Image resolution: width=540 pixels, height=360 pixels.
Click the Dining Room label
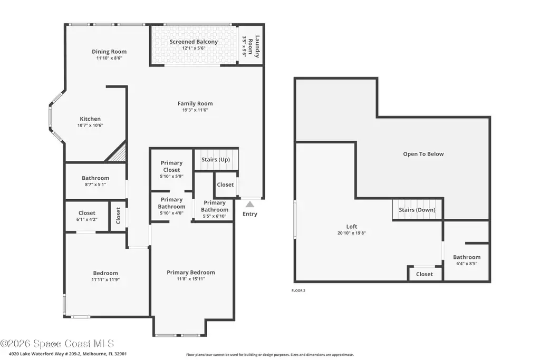coord(109,52)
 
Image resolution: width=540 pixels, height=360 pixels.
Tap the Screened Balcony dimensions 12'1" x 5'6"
coord(194,48)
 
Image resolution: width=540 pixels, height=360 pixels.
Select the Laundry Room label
coord(254,46)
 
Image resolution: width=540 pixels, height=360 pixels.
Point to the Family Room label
coord(195,103)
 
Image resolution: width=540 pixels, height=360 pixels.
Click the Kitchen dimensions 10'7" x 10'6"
coord(90,125)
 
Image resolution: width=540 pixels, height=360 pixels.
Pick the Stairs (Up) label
coord(216,159)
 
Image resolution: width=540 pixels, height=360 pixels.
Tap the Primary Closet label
coord(171,166)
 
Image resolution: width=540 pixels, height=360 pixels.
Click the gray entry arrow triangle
coord(250,205)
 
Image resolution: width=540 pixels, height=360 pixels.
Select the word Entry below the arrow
coord(250,213)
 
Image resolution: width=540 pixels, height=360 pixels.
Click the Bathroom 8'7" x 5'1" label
coord(95,181)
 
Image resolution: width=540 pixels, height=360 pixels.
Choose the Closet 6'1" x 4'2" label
coord(87,216)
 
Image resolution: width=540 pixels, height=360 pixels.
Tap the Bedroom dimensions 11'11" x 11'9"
coord(105,280)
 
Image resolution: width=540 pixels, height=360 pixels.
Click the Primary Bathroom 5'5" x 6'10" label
coord(215,209)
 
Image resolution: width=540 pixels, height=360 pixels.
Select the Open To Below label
coord(423,154)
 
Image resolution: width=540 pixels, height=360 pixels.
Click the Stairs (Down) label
coord(417,210)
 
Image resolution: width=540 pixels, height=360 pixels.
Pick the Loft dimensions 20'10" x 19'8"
coord(352,233)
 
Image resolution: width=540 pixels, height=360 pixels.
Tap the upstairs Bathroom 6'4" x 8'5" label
coord(467,260)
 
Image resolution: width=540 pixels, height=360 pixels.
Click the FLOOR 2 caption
coord(298,290)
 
